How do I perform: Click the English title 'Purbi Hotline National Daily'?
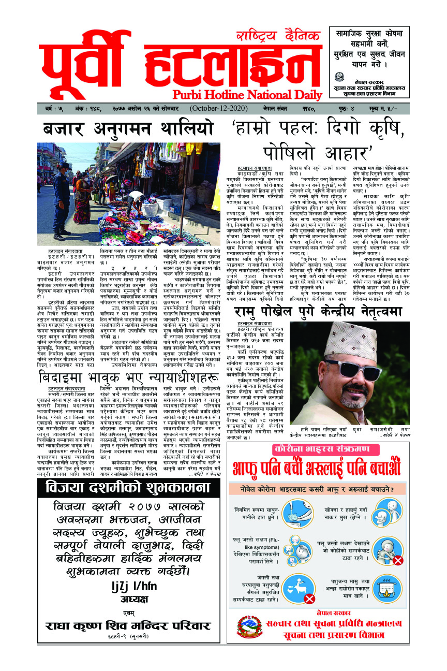click(x=240, y=94)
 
